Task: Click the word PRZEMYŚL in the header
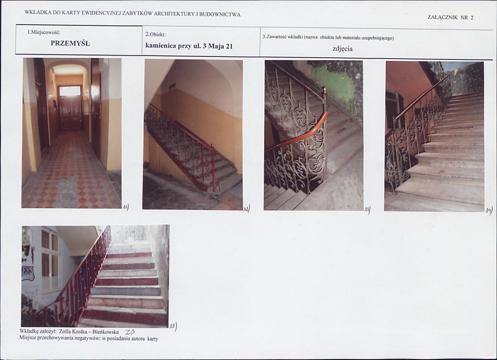pos(70,44)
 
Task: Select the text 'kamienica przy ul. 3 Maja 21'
pos(189,46)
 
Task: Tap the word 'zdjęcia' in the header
pos(342,49)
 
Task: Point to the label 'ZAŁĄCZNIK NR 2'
pos(451,17)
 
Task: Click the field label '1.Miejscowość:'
pos(44,32)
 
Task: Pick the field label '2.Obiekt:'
pos(155,34)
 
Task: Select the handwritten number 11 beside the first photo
pos(126,207)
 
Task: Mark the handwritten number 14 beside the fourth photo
pos(489,210)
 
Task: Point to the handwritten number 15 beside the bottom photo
pos(173,326)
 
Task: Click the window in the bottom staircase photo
pos(50,260)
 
